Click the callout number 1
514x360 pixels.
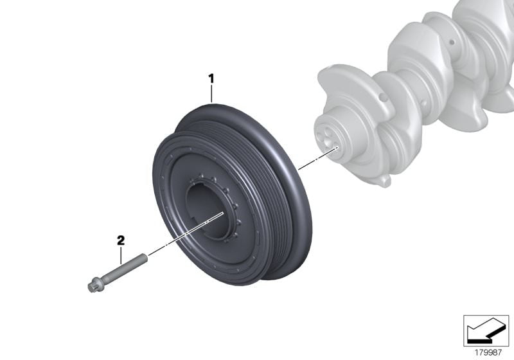pyautogui.click(x=210, y=79)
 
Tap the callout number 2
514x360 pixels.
pyautogui.click(x=120, y=240)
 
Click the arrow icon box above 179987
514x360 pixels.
pyautogui.click(x=486, y=330)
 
